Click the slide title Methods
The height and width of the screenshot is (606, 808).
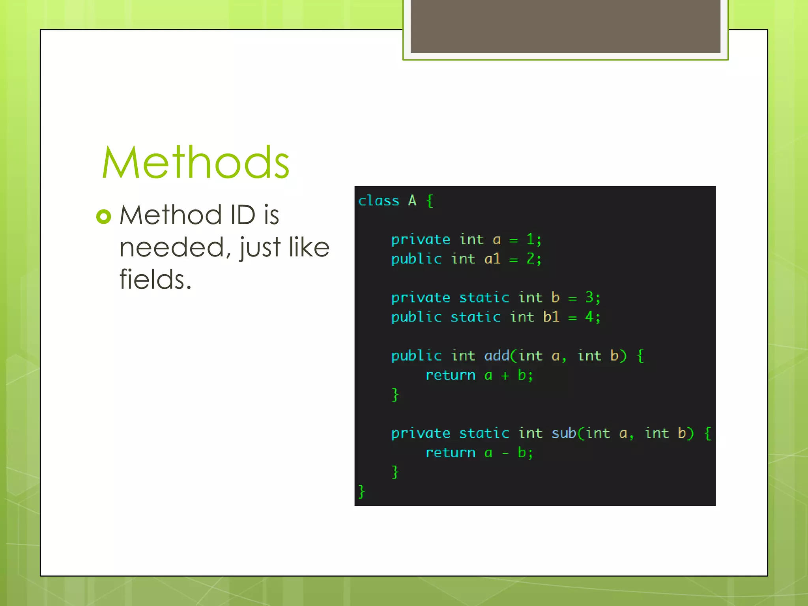click(196, 163)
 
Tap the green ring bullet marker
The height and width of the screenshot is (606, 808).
click(104, 216)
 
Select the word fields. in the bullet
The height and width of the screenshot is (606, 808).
click(155, 279)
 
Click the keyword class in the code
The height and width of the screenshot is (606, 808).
click(378, 201)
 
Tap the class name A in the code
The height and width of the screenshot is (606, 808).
click(412, 201)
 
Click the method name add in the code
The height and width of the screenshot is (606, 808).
click(497, 356)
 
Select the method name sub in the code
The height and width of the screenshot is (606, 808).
click(564, 433)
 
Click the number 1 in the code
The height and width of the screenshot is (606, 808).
click(530, 239)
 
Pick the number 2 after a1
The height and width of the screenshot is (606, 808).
click(530, 259)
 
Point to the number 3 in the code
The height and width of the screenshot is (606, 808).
click(589, 297)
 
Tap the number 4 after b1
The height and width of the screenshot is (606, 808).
click(589, 317)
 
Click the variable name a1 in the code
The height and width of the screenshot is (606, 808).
click(492, 259)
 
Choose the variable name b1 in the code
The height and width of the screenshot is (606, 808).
click(551, 317)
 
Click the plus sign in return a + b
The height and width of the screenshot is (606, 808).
click(505, 376)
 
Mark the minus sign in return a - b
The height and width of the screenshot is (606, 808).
click(505, 453)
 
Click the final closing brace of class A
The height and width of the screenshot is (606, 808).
click(361, 492)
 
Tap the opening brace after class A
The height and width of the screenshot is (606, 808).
click(430, 201)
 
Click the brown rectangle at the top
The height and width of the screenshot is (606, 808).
click(565, 26)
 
